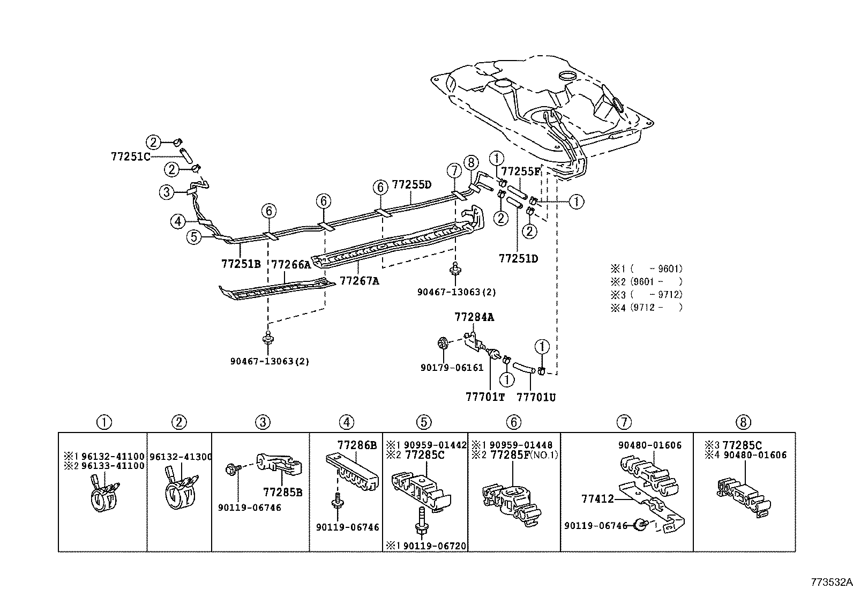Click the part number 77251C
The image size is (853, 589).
coord(130,156)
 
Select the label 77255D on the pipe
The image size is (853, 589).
coord(411,184)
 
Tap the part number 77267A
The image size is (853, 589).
coord(359,281)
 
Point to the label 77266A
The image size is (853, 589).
coord(291,265)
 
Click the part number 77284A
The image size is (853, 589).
coord(474,317)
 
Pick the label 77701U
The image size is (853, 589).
coord(536,397)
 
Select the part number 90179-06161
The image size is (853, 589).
coord(452,368)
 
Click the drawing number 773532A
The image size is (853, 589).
coord(830,582)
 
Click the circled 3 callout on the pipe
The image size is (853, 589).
coord(167,192)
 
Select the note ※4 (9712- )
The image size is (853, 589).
coord(646,308)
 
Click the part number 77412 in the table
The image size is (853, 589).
coord(597,499)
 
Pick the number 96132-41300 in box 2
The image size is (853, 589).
coord(181,457)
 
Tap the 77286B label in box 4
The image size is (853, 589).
coord(357,444)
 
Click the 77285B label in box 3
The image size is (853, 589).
coord(282,492)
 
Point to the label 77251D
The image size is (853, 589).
coord(518,258)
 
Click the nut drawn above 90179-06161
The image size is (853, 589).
coord(444,342)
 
